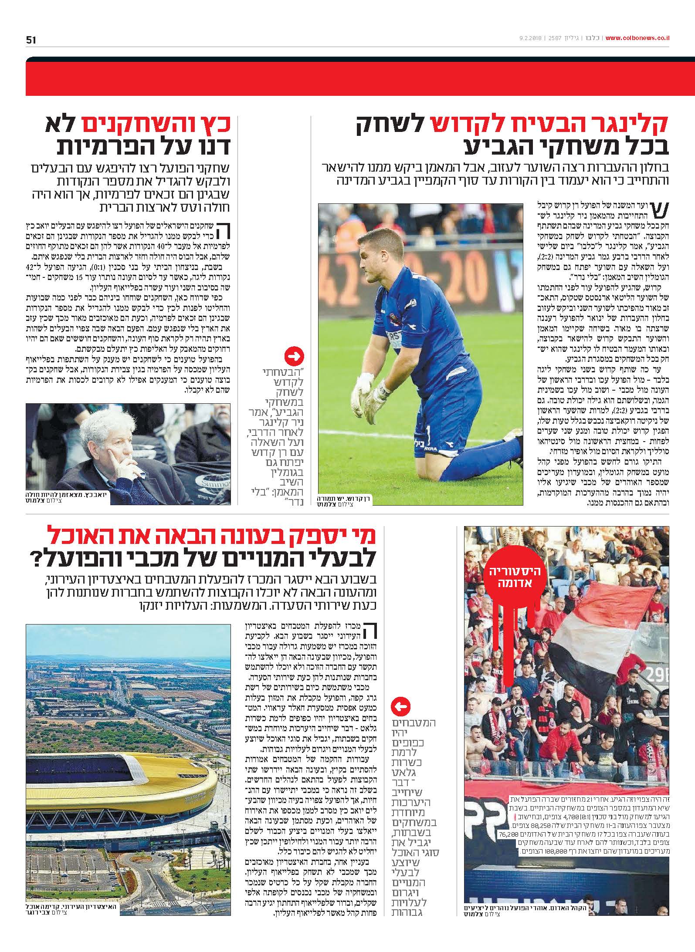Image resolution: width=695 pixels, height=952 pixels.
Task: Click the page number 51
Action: (31, 40)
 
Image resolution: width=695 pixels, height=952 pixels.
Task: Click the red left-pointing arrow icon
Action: (401, 707)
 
